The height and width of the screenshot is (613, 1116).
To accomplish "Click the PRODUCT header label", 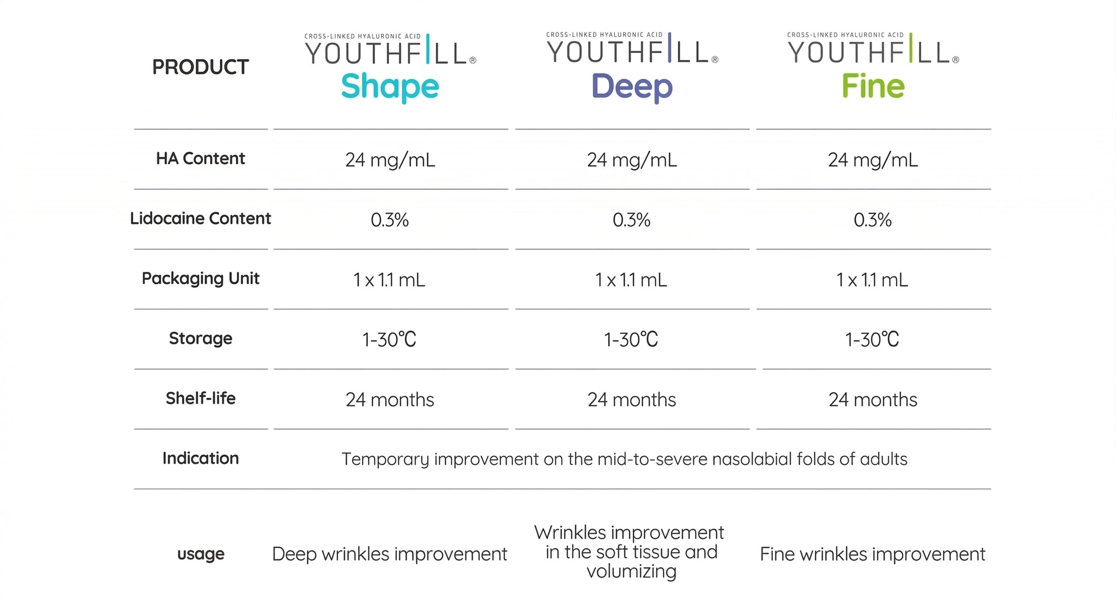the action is point(200,67).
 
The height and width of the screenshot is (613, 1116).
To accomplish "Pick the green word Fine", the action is point(873,86).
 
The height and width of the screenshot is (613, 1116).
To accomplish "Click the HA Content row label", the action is point(200,159).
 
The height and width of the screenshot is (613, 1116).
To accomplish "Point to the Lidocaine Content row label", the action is point(200,218).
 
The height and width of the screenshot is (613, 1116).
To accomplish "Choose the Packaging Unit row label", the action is point(200,279).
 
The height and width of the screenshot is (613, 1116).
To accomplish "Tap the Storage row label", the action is point(200,338).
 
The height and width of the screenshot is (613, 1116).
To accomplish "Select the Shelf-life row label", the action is point(200,398).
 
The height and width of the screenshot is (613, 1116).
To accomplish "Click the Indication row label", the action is point(200,458).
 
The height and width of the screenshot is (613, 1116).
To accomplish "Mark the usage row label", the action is point(200,554).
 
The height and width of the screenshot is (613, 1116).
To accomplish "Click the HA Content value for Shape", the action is point(390,160).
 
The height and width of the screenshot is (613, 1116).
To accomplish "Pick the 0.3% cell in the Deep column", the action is point(632,220).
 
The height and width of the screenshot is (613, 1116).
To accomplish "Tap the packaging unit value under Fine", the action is point(872,280).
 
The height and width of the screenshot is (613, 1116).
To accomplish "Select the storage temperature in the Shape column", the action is point(389,339).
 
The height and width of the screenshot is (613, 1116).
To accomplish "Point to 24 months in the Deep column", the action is point(632,400).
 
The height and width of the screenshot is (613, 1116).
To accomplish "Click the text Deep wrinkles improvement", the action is point(389,554).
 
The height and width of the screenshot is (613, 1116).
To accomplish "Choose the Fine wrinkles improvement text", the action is point(873,554).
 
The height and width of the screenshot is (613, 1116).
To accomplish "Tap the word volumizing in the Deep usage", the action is point(632,572).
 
